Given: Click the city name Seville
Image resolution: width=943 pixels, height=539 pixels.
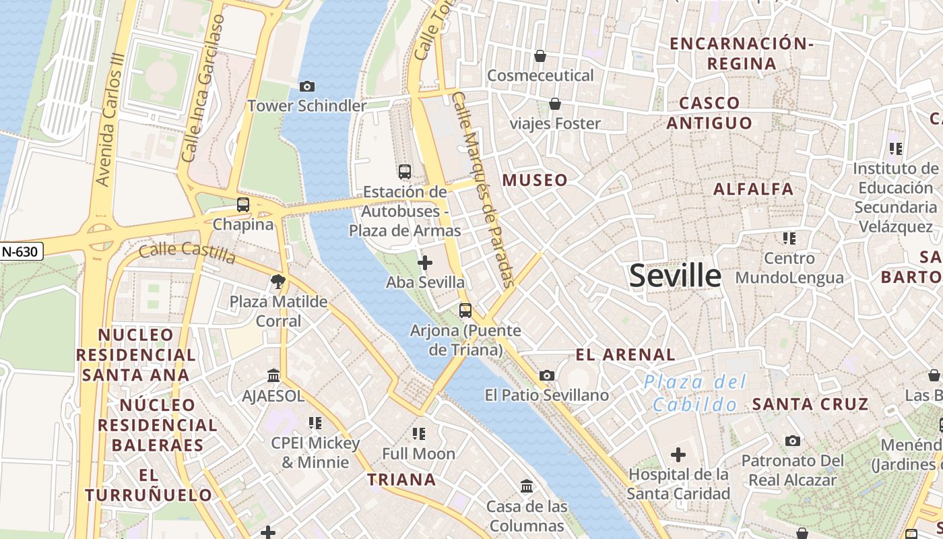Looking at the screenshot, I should coord(675,276).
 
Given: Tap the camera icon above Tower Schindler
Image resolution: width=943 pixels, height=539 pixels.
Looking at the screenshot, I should coord(307,86).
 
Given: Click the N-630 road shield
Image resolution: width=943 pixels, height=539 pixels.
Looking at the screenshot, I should coord(20,252).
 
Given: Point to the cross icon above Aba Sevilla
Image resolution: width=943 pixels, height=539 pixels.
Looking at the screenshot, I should coord(425,262).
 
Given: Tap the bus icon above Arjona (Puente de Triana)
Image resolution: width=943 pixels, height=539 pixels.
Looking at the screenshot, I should coord(465,311).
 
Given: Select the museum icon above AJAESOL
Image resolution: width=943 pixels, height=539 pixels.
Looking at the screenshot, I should coord(273,375).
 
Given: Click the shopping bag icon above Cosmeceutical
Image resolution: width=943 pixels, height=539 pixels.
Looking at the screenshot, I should coord(540,56).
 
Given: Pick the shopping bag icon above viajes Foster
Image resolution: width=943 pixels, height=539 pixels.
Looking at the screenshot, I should coord(555,104).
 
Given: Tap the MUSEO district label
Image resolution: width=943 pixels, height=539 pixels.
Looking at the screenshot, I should coord(535,181).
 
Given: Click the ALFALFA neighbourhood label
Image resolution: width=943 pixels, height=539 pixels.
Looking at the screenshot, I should coord(754,189).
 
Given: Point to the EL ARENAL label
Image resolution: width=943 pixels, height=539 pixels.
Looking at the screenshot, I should coord(625,354).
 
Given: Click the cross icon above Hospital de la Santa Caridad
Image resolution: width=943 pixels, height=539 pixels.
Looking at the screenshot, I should coord(678,455).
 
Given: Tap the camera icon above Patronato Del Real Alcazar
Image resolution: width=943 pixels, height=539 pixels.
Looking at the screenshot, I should coord(793,441).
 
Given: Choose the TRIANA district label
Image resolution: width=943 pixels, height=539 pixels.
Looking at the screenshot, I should coord(401,480).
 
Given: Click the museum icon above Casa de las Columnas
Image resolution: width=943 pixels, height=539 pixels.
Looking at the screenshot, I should coord(527,486).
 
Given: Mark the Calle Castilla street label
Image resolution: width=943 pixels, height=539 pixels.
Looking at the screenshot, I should coord(187,254).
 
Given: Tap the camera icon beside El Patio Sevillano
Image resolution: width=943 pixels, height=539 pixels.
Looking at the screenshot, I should coord(547,375).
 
